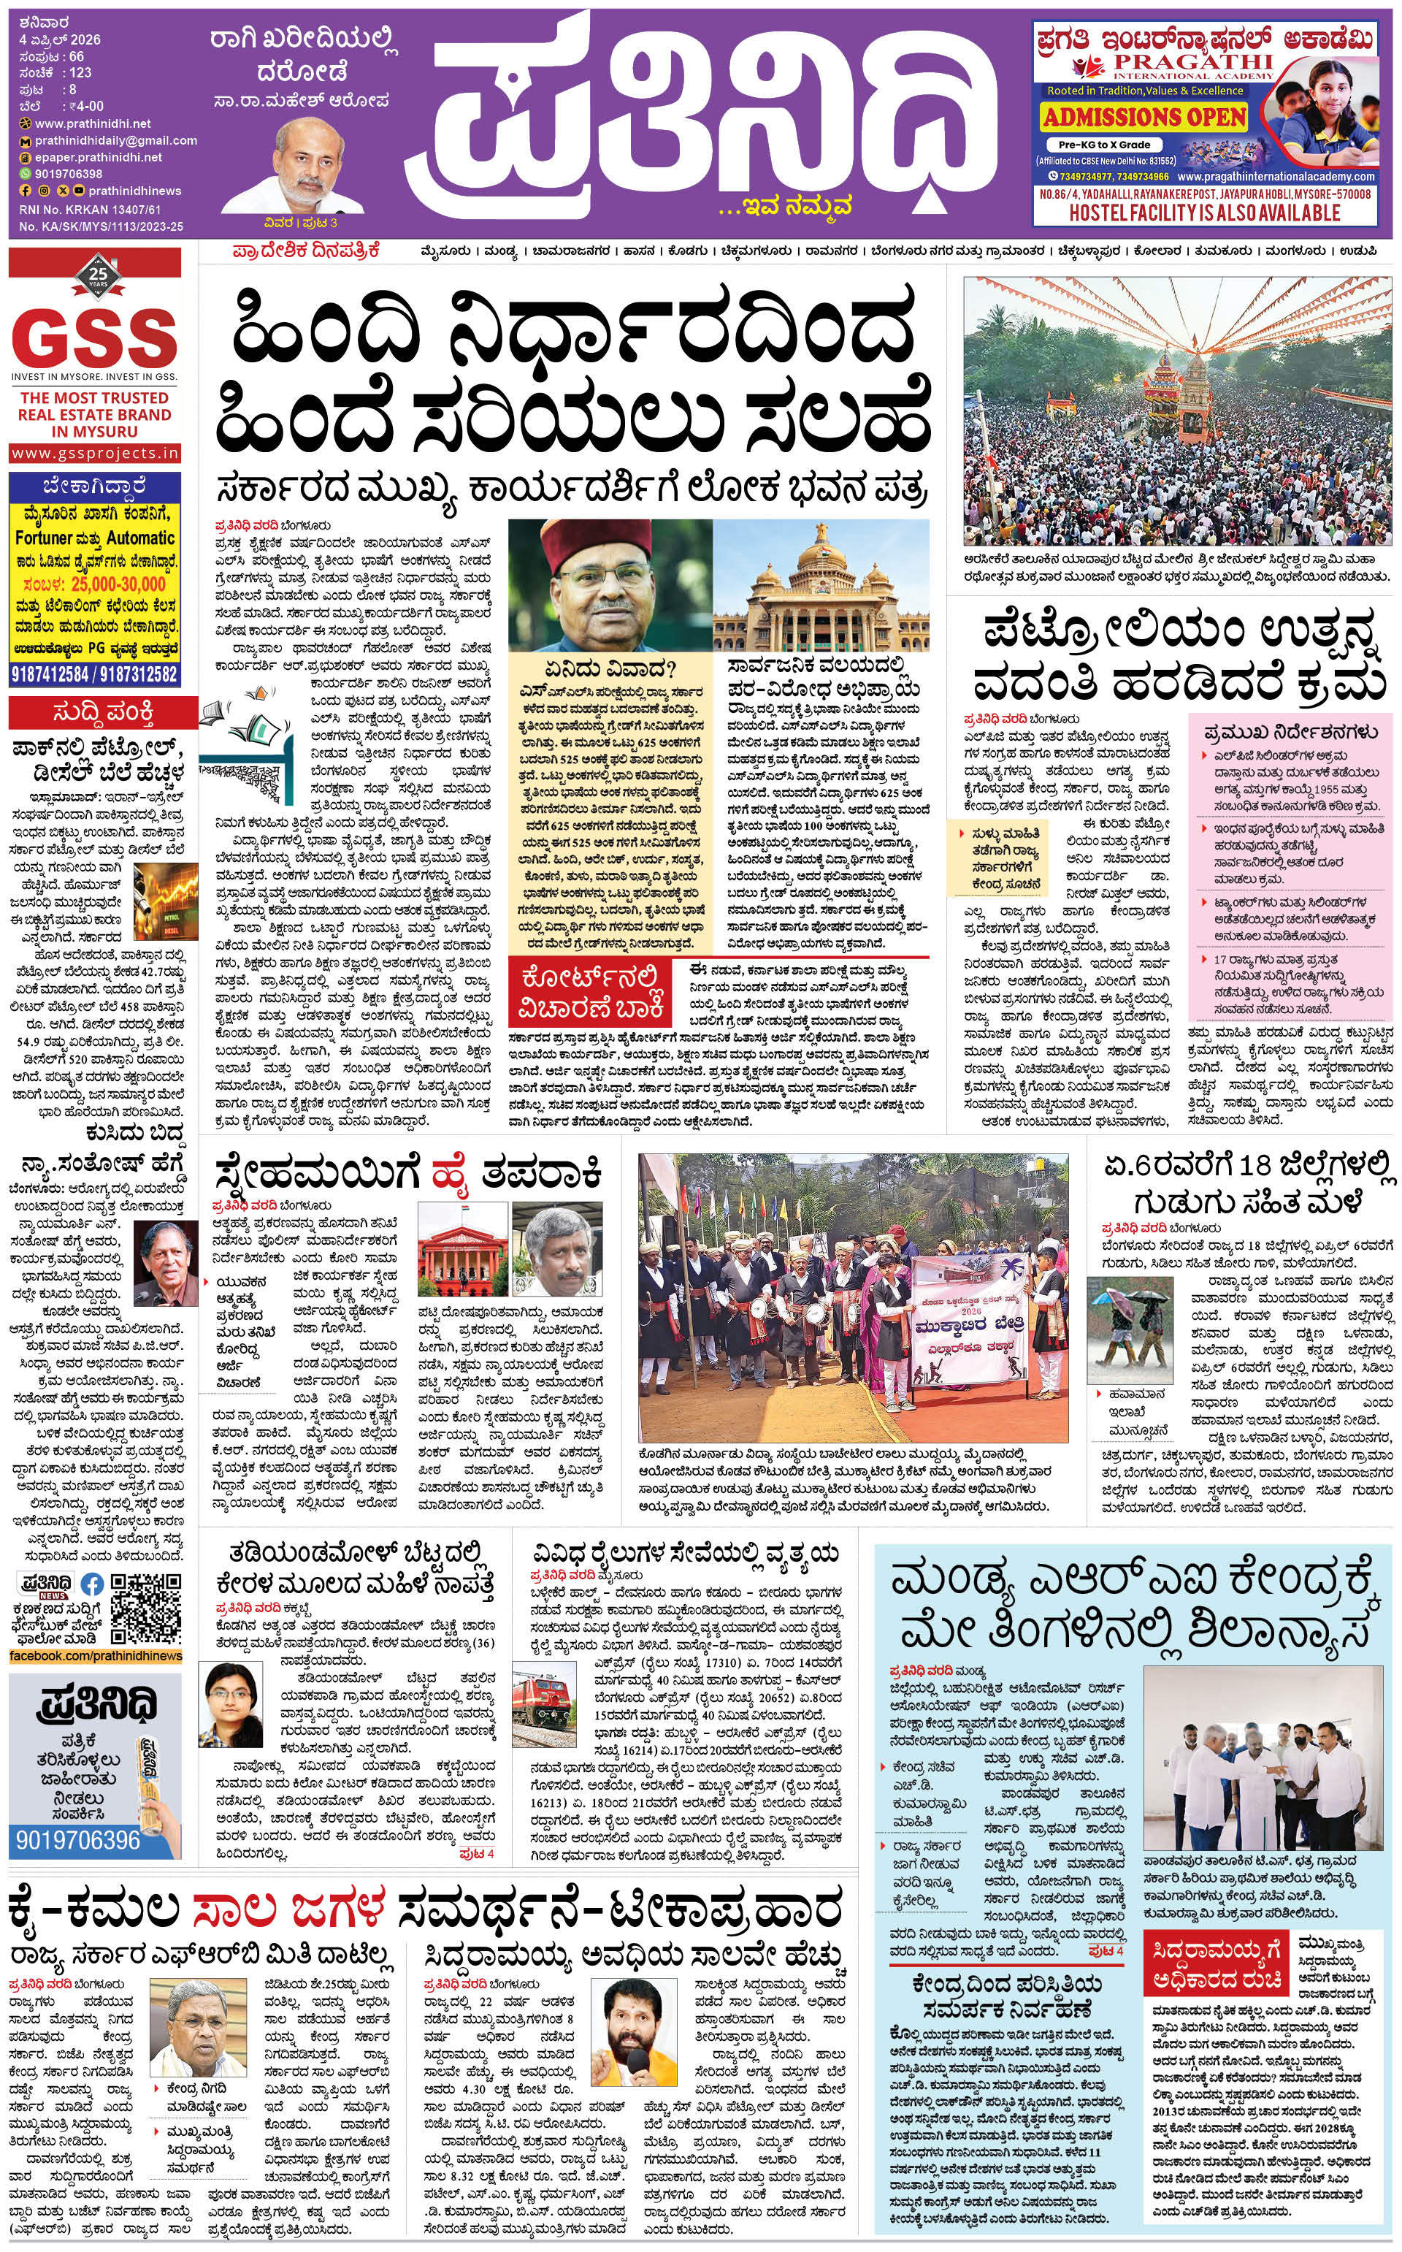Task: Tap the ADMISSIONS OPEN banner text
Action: pos(1144,118)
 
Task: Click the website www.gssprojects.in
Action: pos(95,454)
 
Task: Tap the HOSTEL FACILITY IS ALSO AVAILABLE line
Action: pos(1205,213)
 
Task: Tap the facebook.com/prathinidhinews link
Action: pos(95,1656)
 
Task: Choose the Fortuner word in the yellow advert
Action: pos(44,538)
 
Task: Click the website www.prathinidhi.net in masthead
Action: pos(93,123)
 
